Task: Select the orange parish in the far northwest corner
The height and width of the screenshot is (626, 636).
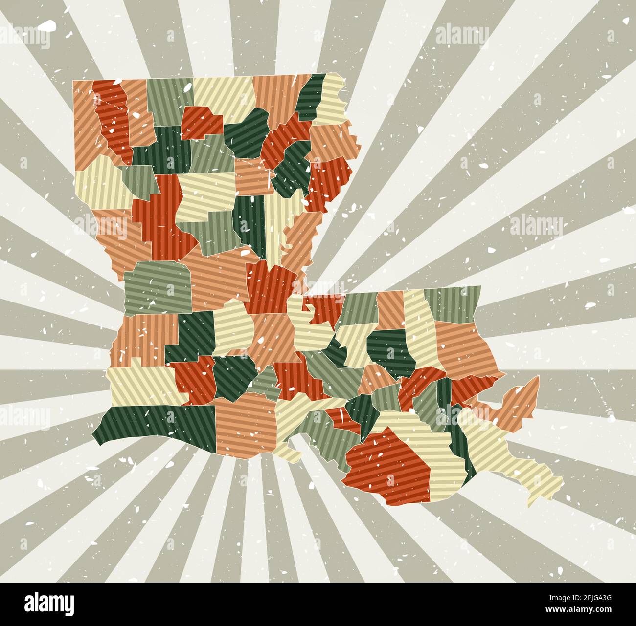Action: [x=83, y=122]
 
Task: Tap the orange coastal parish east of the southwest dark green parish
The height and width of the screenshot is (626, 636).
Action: [x=245, y=425]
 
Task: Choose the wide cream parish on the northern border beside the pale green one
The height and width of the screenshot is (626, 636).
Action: [x=223, y=95]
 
